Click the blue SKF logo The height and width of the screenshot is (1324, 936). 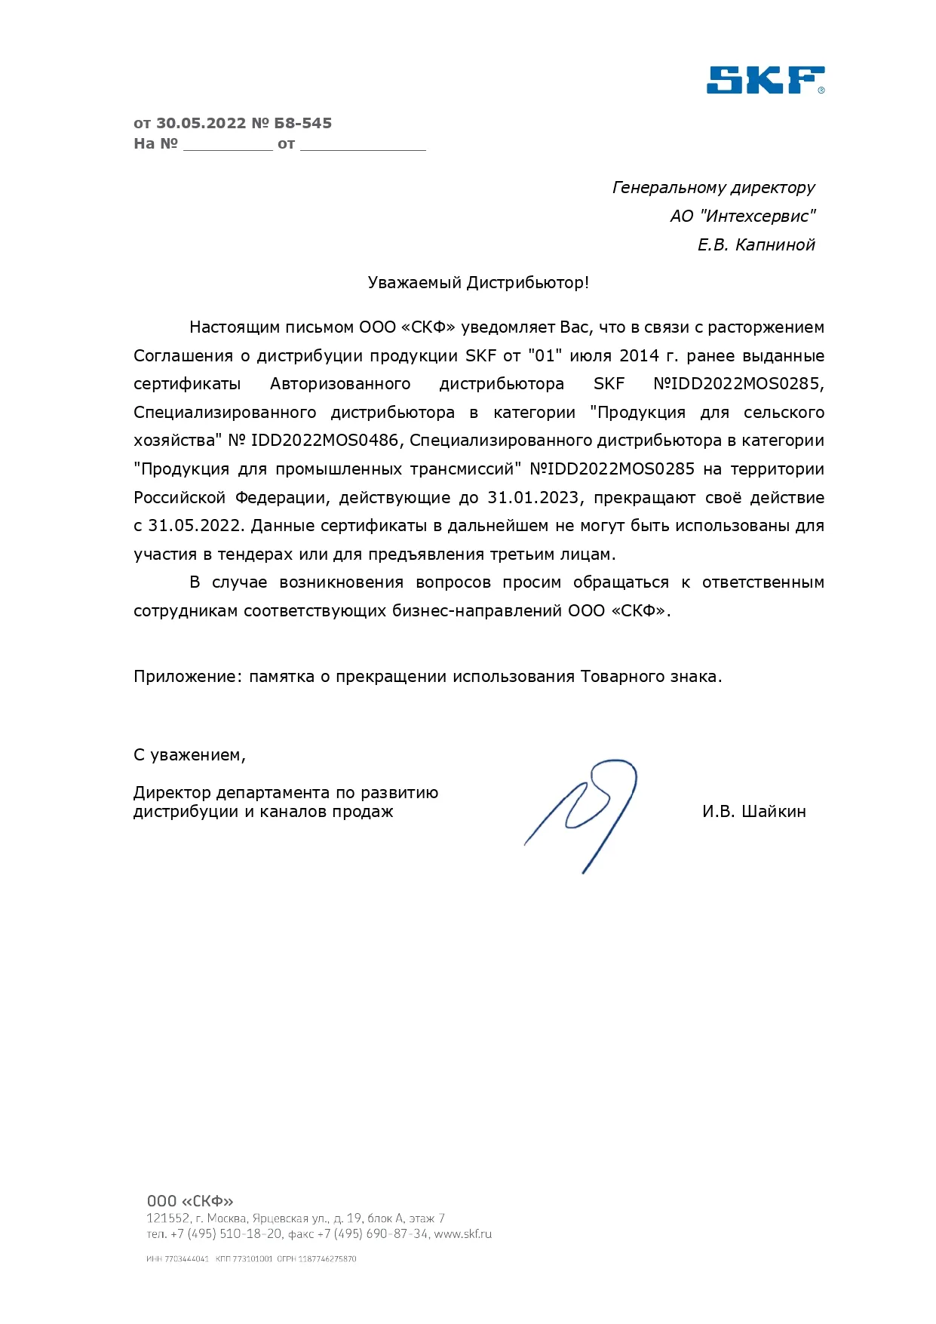tap(765, 80)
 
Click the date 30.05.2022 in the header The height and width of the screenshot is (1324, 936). tap(201, 123)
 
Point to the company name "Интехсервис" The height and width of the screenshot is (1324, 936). tap(757, 216)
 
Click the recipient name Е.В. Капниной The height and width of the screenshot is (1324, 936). tap(756, 244)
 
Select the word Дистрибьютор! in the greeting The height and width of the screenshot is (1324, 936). tap(527, 283)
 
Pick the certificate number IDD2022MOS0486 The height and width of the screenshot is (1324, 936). tap(324, 441)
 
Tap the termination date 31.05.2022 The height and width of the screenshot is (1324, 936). tap(195, 526)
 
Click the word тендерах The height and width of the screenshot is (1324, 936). tap(255, 554)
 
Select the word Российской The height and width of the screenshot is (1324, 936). tap(180, 498)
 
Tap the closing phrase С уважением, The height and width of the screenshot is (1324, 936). tap(189, 755)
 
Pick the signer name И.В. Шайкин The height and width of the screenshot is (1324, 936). tap(753, 812)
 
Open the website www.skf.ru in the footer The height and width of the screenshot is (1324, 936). tap(462, 1235)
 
